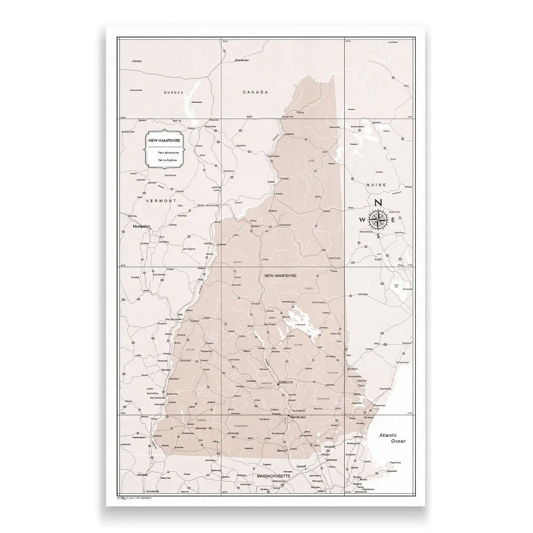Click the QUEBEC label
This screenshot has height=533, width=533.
click(x=173, y=93)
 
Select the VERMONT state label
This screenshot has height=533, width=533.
click(x=158, y=201)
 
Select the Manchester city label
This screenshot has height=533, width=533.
click(x=298, y=418)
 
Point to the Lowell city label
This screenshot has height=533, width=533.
click(x=302, y=467)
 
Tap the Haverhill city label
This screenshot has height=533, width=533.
click(x=329, y=446)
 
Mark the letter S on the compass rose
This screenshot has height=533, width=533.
click(x=378, y=236)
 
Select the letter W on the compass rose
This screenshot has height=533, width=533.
click(x=362, y=219)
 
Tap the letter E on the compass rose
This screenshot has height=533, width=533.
click(x=394, y=219)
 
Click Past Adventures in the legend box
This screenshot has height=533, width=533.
click(x=168, y=152)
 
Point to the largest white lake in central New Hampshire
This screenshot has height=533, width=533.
click(x=294, y=319)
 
